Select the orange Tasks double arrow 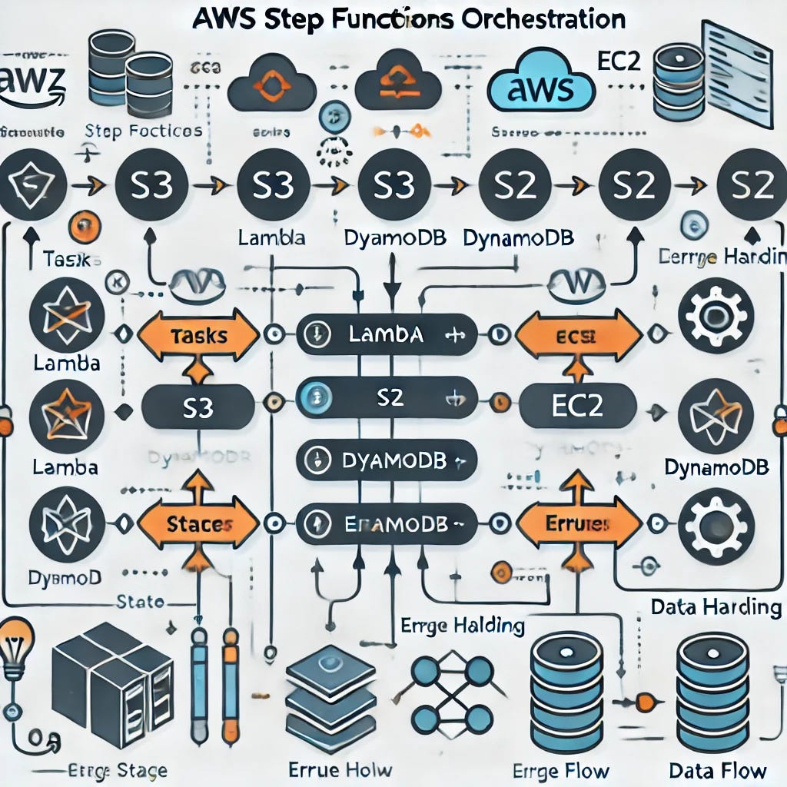(x=198, y=335)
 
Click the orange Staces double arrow (x=198, y=524)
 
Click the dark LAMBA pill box (x=386, y=334)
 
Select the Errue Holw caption (x=339, y=770)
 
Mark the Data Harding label (x=715, y=606)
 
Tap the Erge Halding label (x=463, y=625)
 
